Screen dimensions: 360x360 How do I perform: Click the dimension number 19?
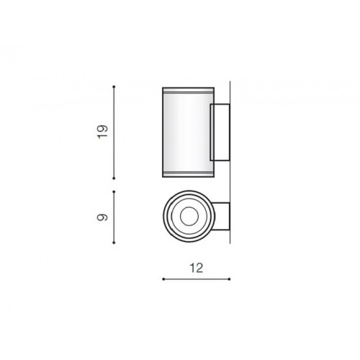click(x=102, y=132)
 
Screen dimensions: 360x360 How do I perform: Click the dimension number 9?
click(x=102, y=217)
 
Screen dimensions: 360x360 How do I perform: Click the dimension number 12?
click(x=197, y=268)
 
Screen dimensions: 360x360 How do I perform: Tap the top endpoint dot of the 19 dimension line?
click(x=114, y=86)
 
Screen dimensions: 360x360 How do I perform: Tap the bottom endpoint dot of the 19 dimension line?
click(x=114, y=179)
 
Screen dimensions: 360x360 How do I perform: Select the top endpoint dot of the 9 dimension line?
click(x=114, y=192)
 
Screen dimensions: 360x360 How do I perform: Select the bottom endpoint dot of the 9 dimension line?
click(x=114, y=243)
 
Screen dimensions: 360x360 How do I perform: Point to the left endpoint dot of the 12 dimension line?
click(x=163, y=279)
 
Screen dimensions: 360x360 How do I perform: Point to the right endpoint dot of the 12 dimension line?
click(x=230, y=279)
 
